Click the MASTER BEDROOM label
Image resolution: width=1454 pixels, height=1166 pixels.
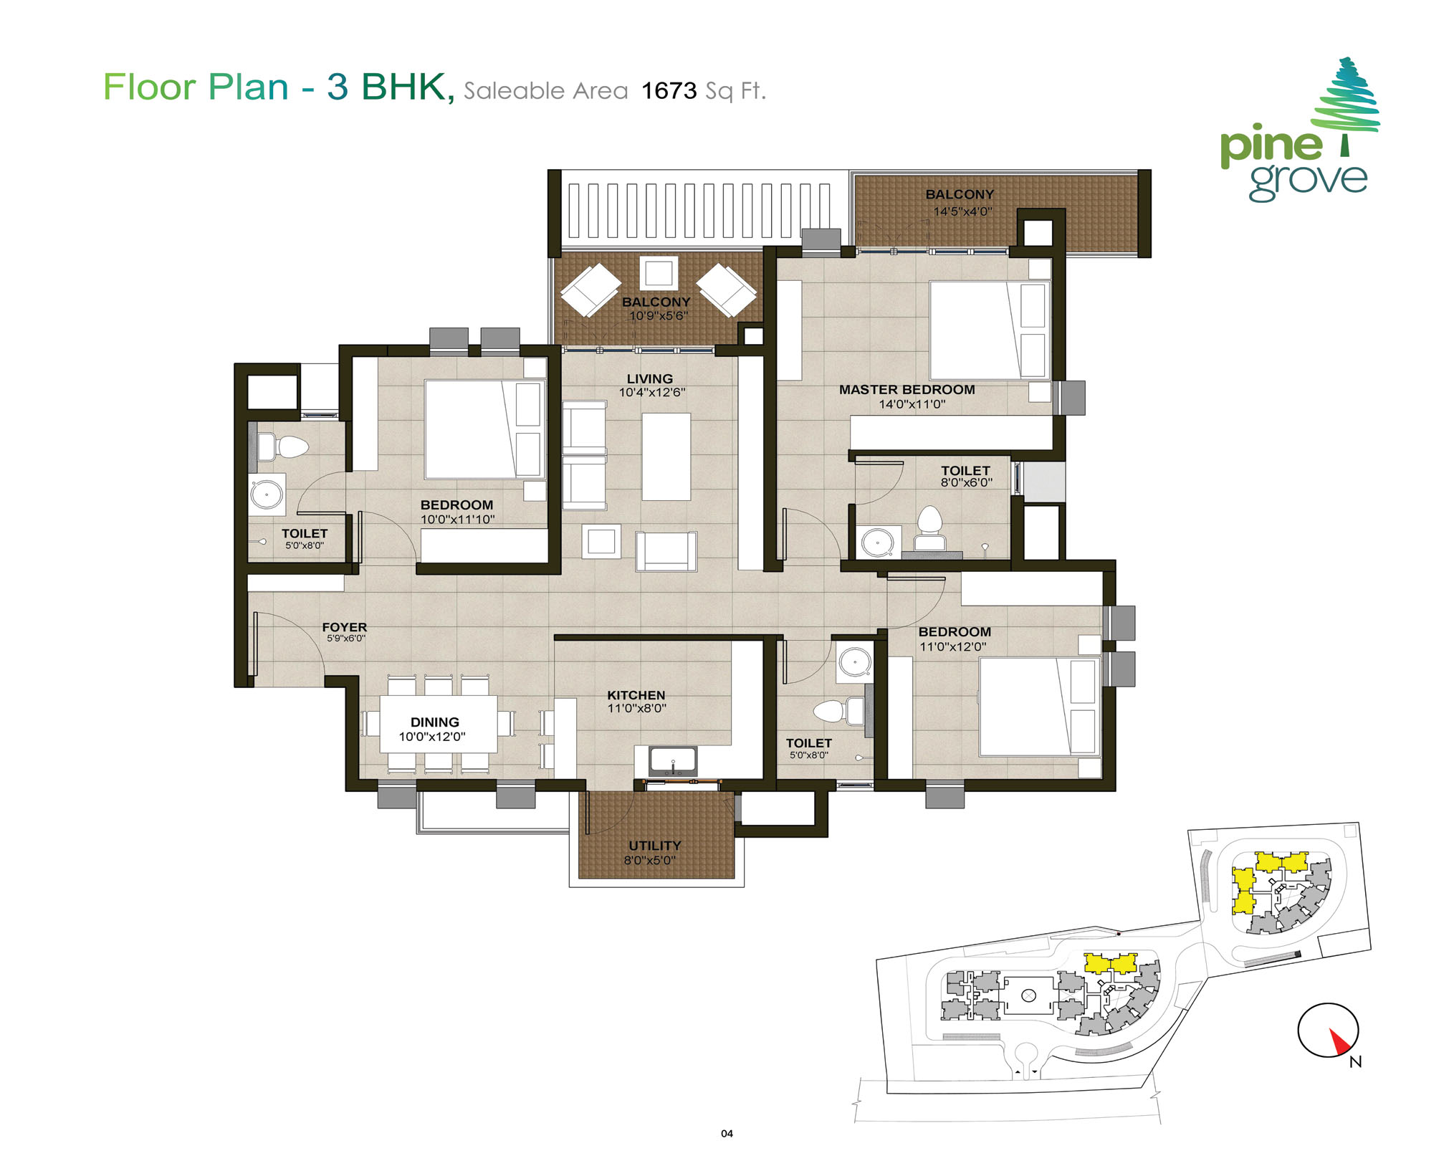[x=907, y=390]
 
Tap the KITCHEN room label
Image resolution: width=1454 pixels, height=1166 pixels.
[x=636, y=695]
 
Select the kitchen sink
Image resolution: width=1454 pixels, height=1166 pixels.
[x=672, y=761]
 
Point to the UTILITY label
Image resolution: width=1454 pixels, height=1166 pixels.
[x=654, y=846]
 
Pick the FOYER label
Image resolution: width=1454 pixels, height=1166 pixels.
[x=344, y=627]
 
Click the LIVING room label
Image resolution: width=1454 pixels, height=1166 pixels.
[x=649, y=379]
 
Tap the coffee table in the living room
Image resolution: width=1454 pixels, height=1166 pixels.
[x=666, y=457]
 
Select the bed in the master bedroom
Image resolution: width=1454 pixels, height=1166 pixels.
[x=989, y=330]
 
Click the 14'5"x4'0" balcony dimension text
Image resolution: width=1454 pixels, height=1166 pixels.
[x=962, y=211]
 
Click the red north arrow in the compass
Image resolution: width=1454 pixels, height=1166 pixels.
[x=1339, y=1041]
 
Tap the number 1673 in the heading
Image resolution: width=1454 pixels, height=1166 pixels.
[x=669, y=91]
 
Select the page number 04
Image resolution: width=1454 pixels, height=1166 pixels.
[x=727, y=1133]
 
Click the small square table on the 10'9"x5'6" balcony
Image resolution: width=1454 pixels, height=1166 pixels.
[x=658, y=273]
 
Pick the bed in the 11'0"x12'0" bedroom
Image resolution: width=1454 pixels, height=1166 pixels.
[x=1039, y=706]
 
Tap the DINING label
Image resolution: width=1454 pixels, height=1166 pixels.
[x=435, y=722]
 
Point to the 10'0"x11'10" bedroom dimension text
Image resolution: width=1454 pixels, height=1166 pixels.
[x=457, y=520]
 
